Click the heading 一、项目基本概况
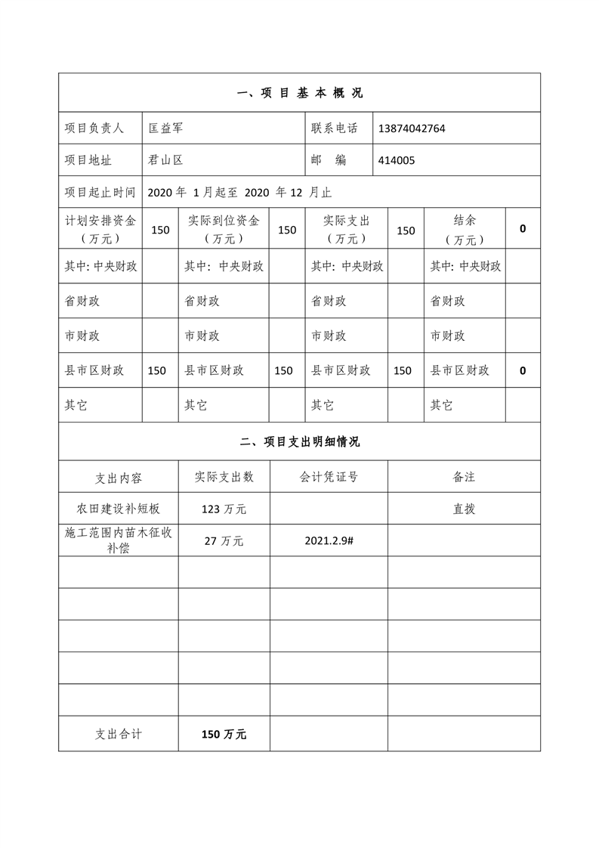299,94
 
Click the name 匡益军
165,128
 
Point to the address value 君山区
165,160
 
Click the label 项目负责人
94,128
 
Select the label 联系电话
334,128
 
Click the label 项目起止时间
100,192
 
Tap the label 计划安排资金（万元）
100,229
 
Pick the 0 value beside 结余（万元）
523,228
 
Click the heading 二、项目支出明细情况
299,442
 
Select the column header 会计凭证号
329,477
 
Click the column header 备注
464,477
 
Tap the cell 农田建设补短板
119,509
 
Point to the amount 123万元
224,509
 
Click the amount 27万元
224,540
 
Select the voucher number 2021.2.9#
329,540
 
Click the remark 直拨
464,509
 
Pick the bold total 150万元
224,734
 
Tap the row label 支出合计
119,734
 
